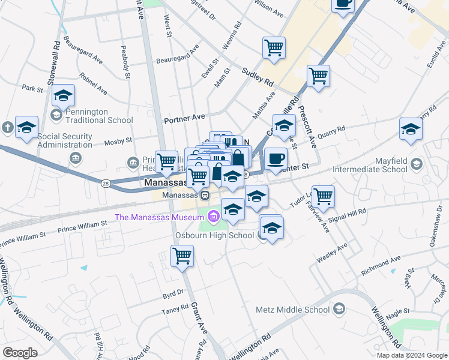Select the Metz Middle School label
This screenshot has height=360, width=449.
pyautogui.click(x=292, y=310)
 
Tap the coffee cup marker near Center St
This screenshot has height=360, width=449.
pyautogui.click(x=276, y=159)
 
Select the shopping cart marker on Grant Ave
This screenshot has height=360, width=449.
pyautogui.click(x=182, y=256)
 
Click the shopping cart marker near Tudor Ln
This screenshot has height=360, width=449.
pyautogui.click(x=323, y=196)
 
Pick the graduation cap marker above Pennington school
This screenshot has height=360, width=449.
pyautogui.click(x=63, y=95)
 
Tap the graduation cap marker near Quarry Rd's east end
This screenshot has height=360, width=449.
pyautogui.click(x=411, y=129)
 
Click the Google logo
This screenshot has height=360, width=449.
pyautogui.click(x=20, y=352)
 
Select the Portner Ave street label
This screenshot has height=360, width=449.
pyautogui.click(x=184, y=118)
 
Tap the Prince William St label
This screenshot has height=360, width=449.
pyautogui.click(x=82, y=226)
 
